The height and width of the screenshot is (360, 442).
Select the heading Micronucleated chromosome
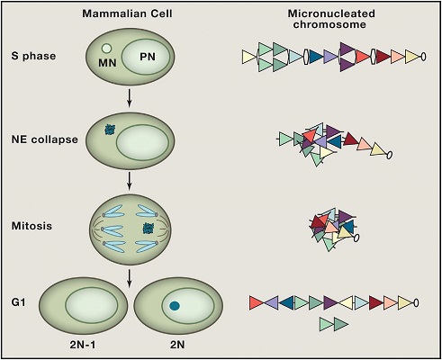pos(332,22)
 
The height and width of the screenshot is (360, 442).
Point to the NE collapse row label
pos(41,139)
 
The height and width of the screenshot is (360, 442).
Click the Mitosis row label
pos(33,225)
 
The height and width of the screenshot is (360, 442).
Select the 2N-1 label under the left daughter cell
pos(86,346)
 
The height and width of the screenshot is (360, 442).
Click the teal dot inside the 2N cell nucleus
pos(175,308)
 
